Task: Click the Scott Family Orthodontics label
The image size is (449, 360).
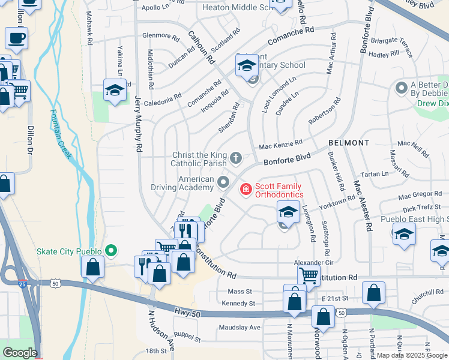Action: click(x=279, y=190)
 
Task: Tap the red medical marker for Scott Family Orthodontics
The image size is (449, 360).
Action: click(x=245, y=190)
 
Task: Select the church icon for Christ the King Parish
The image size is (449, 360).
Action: click(x=236, y=158)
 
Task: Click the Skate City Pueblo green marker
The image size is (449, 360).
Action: click(x=110, y=251)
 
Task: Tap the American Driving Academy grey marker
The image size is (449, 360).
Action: click(x=224, y=182)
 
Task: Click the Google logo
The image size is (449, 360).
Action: click(x=19, y=353)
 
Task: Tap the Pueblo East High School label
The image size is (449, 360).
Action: click(x=414, y=220)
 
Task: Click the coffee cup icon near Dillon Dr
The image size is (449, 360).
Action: click(x=17, y=39)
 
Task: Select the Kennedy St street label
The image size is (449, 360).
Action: click(x=238, y=304)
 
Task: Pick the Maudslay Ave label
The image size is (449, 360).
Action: click(x=240, y=328)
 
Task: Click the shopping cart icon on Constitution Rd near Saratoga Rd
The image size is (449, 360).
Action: click(x=309, y=275)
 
